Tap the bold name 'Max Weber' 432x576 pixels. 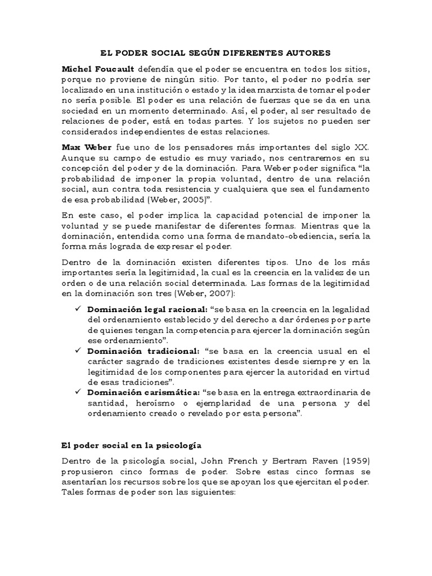[85, 147]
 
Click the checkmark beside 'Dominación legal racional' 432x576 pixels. [78, 310]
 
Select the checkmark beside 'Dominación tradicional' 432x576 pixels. [78, 351]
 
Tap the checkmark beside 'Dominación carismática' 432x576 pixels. [78, 391]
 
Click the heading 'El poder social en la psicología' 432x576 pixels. [131, 445]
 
